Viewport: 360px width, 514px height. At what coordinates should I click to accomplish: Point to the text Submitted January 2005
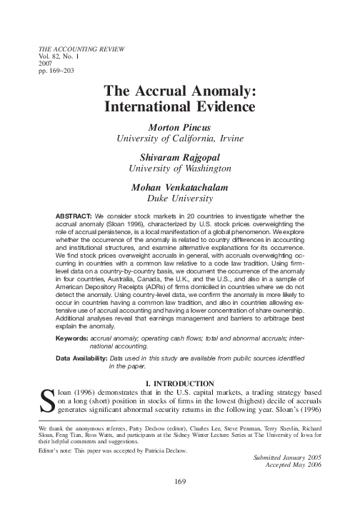(x=279, y=455)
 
